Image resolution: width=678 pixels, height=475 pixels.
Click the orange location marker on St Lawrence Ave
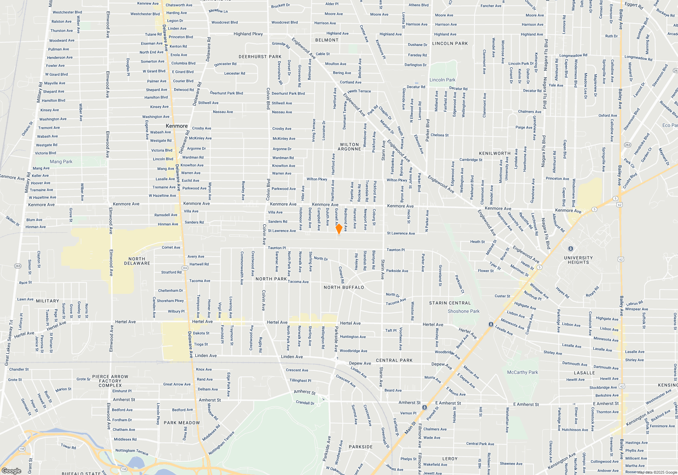pyautogui.click(x=339, y=229)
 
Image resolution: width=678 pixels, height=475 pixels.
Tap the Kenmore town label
pyautogui.click(x=177, y=126)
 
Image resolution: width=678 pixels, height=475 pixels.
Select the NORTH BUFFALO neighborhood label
pyautogui.click(x=344, y=287)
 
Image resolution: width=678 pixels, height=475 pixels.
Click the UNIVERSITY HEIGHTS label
pyautogui.click(x=578, y=260)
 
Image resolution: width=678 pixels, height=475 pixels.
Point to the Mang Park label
pyautogui.click(x=61, y=161)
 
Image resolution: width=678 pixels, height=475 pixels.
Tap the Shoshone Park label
pyautogui.click(x=463, y=311)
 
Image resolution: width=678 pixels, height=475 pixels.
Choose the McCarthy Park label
pyautogui.click(x=522, y=372)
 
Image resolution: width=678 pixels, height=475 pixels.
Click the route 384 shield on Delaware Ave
pyautogui.click(x=185, y=268)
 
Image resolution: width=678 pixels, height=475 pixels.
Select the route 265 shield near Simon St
pyautogui.click(x=18, y=266)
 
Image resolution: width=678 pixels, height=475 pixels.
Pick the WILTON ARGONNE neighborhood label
pyautogui.click(x=350, y=147)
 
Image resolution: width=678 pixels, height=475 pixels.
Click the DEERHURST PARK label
pyautogui.click(x=260, y=57)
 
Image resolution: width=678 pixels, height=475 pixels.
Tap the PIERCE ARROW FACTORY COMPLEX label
pyautogui.click(x=110, y=381)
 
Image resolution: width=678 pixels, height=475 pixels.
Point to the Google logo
pyautogui.click(x=12, y=471)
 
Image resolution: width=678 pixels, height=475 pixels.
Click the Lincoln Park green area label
pyautogui.click(x=442, y=80)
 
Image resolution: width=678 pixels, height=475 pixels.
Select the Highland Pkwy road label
pyautogui.click(x=248, y=34)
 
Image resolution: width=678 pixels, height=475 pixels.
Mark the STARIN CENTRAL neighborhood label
pyautogui.click(x=450, y=303)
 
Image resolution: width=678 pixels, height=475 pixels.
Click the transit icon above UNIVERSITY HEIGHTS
pyautogui.click(x=571, y=249)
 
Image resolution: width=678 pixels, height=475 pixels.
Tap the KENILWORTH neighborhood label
pyautogui.click(x=495, y=153)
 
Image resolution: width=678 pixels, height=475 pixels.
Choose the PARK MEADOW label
pyautogui.click(x=182, y=423)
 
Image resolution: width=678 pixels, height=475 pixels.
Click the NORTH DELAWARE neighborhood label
pyautogui.click(x=137, y=261)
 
